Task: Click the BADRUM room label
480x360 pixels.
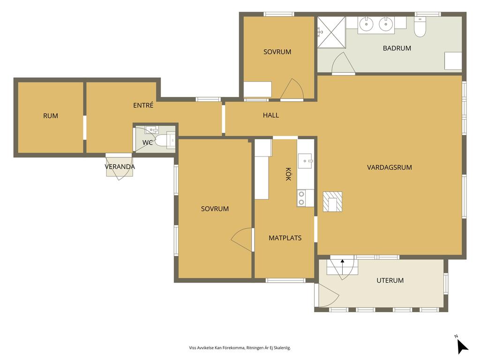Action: pyautogui.click(x=397, y=48)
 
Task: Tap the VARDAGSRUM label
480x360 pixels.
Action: pyautogui.click(x=390, y=167)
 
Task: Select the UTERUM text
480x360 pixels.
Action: pyautogui.click(x=390, y=280)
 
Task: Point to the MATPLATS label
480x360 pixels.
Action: pyautogui.click(x=285, y=238)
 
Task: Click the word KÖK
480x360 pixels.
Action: pyautogui.click(x=288, y=174)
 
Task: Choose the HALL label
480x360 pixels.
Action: pyautogui.click(x=271, y=115)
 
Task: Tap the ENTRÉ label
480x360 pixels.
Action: pyautogui.click(x=143, y=105)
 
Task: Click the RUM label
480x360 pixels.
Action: pyautogui.click(x=51, y=116)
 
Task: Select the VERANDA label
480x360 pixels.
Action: pyautogui.click(x=120, y=167)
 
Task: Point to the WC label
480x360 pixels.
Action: pyautogui.click(x=148, y=142)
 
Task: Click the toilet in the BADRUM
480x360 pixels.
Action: pyautogui.click(x=420, y=27)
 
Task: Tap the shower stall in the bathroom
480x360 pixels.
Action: pyautogui.click(x=331, y=32)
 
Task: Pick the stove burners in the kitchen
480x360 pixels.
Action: pyautogui.click(x=301, y=198)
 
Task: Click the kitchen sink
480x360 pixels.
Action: pyautogui.click(x=305, y=161)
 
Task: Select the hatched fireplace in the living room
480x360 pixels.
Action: pyautogui.click(x=332, y=202)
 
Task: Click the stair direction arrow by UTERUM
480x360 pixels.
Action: pyautogui.click(x=342, y=265)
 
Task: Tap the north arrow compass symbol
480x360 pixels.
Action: pyautogui.click(x=462, y=347)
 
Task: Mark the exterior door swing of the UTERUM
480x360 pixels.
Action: pyautogui.click(x=329, y=295)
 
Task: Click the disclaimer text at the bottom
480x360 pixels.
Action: pyautogui.click(x=240, y=348)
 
